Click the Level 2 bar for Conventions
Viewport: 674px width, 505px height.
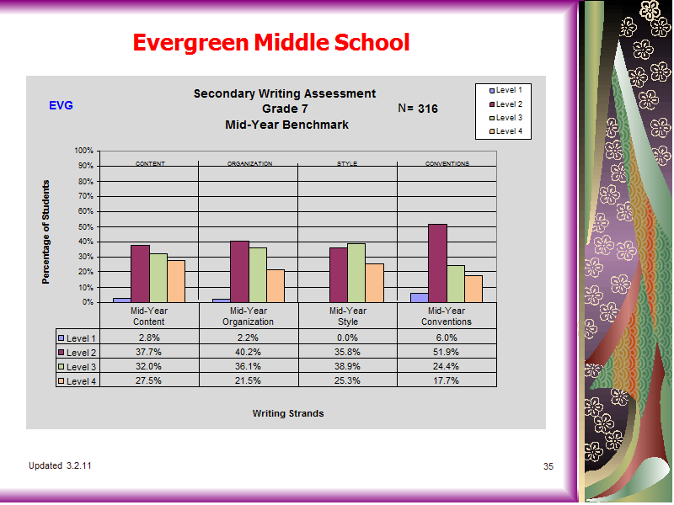pos(437,263)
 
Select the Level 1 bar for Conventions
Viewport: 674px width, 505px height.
pos(420,298)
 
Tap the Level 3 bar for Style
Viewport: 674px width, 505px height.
pos(356,273)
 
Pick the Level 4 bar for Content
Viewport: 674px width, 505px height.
pos(176,281)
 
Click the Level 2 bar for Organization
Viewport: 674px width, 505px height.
pos(239,272)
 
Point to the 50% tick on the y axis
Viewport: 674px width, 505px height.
pos(99,226)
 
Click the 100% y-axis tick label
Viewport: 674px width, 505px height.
pos(83,151)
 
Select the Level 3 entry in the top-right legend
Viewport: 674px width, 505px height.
pos(506,118)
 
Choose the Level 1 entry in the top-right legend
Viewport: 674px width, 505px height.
pos(506,90)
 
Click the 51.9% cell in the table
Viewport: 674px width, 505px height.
pos(447,352)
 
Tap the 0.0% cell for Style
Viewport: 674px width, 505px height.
pos(347,338)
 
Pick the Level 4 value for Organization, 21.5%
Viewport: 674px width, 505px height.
pos(248,380)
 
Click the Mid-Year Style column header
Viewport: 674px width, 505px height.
pos(348,316)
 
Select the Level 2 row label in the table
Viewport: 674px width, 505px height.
pos(78,353)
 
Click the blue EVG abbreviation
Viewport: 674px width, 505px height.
pos(61,105)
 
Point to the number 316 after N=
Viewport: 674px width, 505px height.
pos(428,109)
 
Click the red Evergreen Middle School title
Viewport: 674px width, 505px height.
pos(271,43)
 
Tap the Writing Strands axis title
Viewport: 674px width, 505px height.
pos(288,413)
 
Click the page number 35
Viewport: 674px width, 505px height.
pos(548,466)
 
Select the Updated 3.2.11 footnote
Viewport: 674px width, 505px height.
pos(60,466)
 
